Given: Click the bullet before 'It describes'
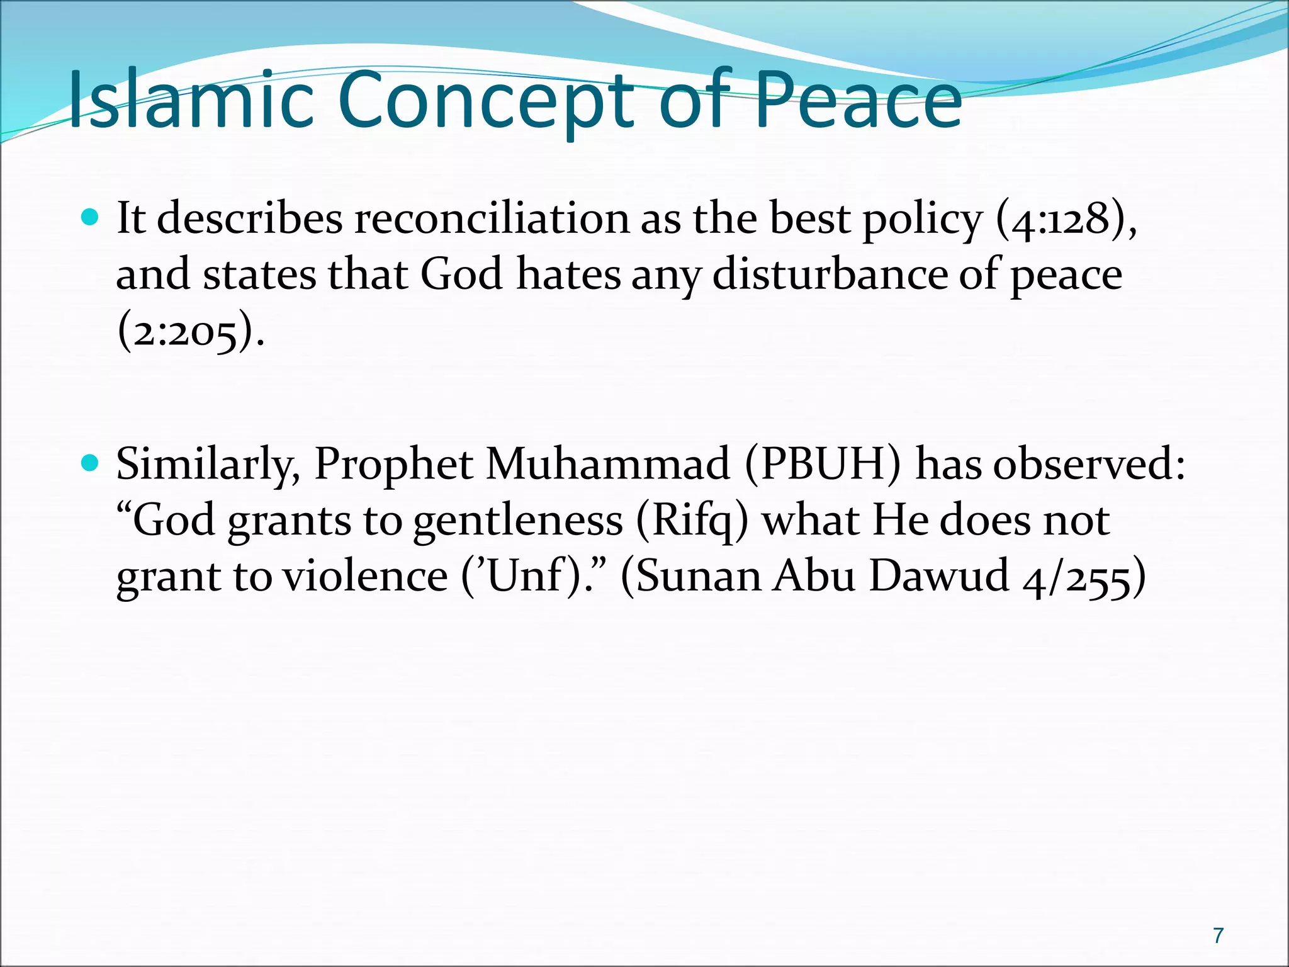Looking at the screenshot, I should tap(91, 218).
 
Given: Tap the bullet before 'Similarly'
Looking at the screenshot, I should tap(91, 464).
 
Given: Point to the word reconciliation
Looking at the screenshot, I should tap(492, 218).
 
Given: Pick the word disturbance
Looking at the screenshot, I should tap(830, 274).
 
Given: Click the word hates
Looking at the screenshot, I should tap(568, 274).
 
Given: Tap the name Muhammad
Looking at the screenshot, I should tap(607, 464).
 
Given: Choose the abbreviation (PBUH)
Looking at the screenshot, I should tap(822, 464).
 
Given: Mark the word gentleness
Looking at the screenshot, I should tap(517, 521).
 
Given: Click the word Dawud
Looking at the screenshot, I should tap(939, 576).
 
